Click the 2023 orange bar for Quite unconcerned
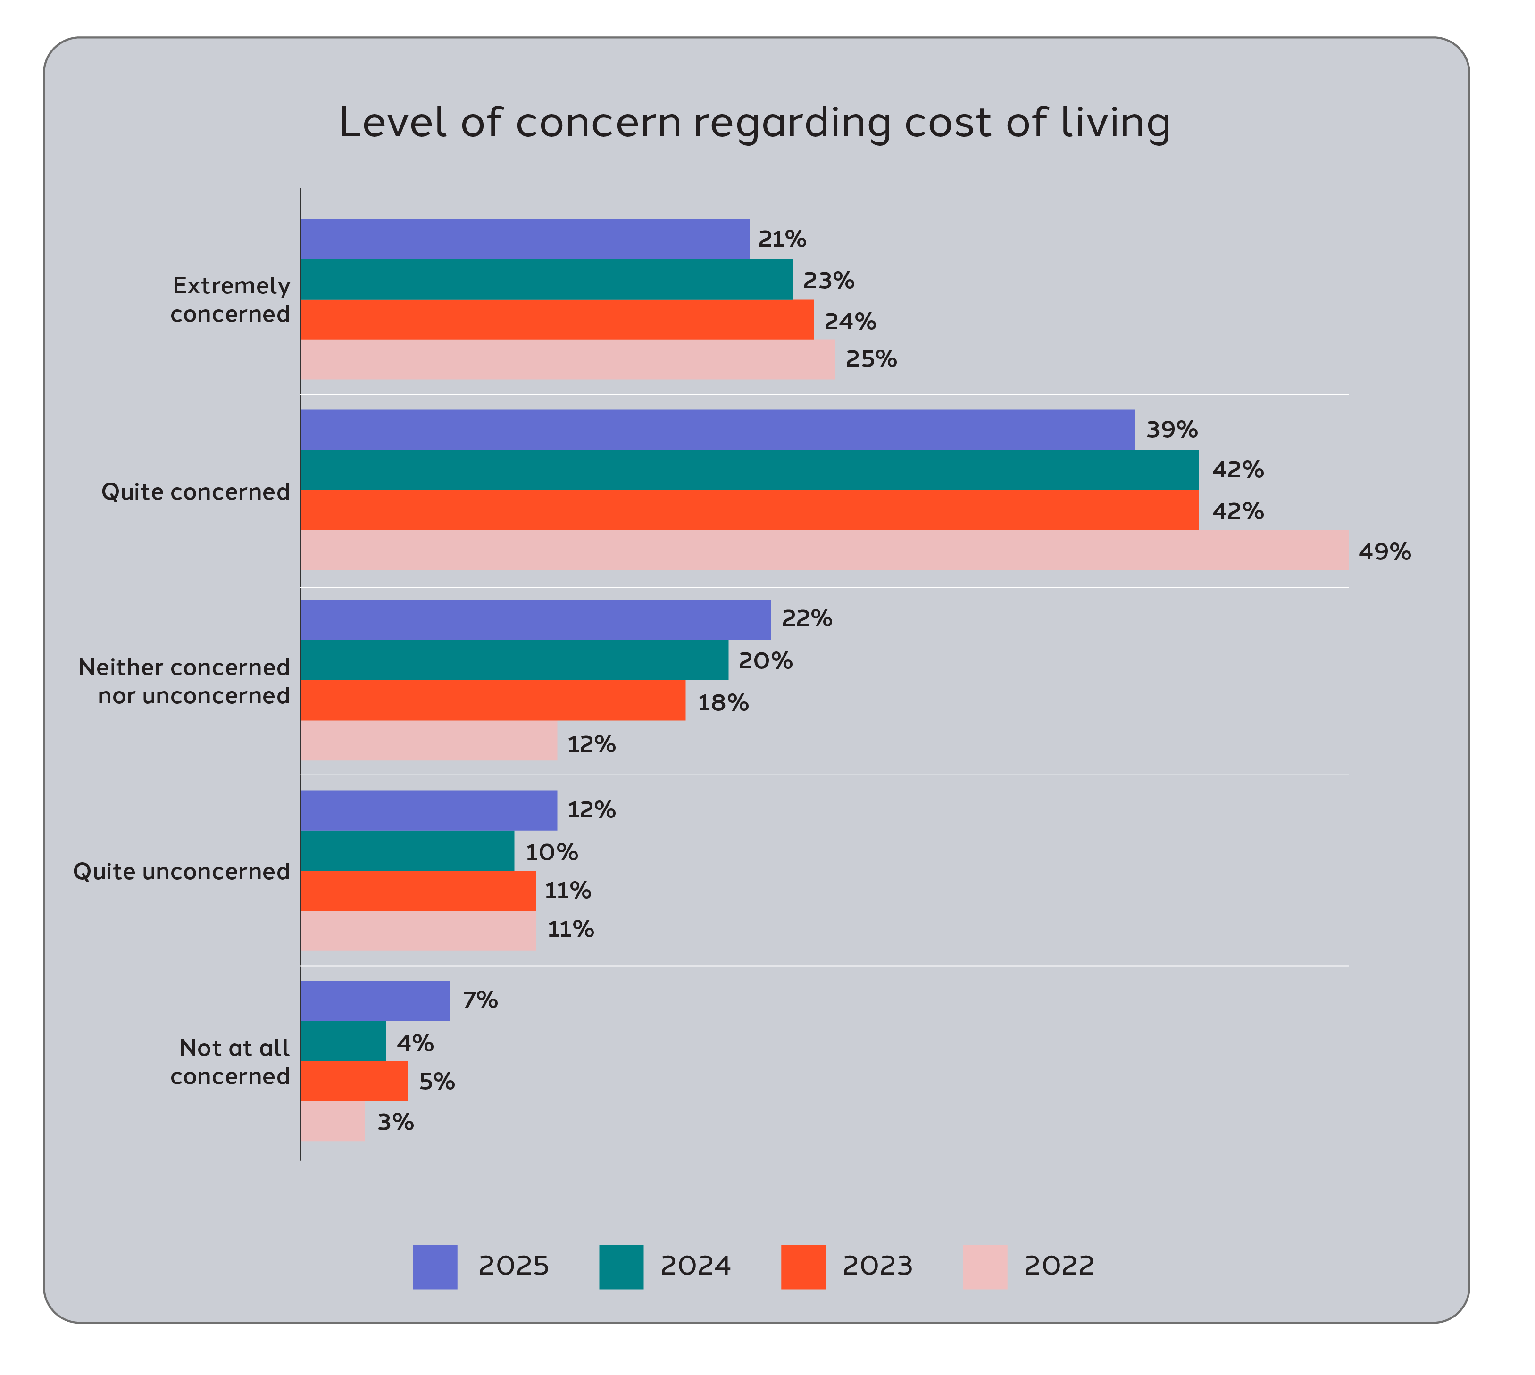(x=418, y=890)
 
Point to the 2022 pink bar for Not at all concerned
(x=333, y=1121)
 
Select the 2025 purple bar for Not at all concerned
(x=375, y=1000)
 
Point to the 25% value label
(x=871, y=359)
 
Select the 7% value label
(x=480, y=1000)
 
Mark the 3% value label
(x=395, y=1122)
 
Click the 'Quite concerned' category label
(x=196, y=492)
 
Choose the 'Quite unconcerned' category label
(x=181, y=871)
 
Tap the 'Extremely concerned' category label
(x=230, y=300)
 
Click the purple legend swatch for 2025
(x=435, y=1267)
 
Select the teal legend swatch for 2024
(x=621, y=1267)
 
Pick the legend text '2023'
(x=877, y=1266)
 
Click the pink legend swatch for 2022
(x=985, y=1267)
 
